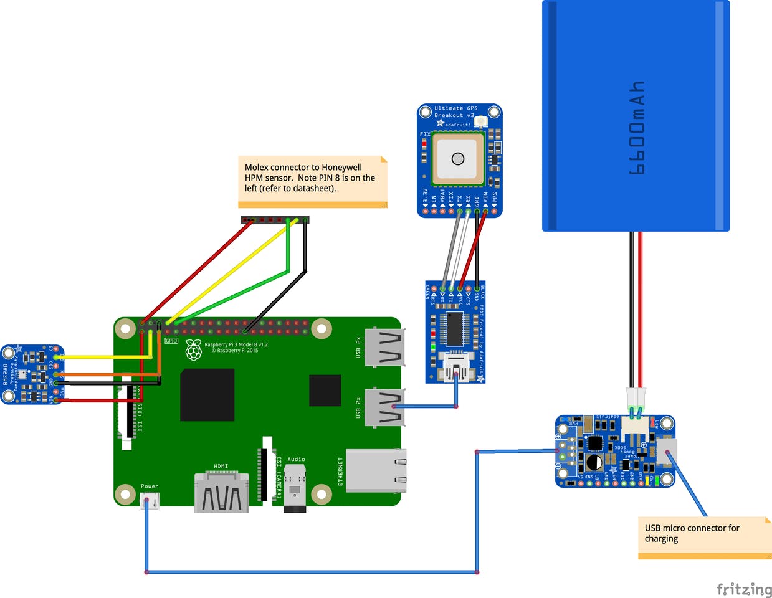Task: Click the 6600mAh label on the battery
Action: (636, 128)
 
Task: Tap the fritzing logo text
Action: (744, 589)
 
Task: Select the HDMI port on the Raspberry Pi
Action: (221, 492)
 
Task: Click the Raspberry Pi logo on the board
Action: (194, 350)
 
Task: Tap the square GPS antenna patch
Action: (458, 159)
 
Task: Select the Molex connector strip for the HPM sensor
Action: (275, 220)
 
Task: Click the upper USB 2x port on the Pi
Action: (383, 346)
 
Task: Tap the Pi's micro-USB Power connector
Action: (150, 500)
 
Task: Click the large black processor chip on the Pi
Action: (207, 395)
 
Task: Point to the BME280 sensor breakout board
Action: (32, 374)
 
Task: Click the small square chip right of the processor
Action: (325, 391)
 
